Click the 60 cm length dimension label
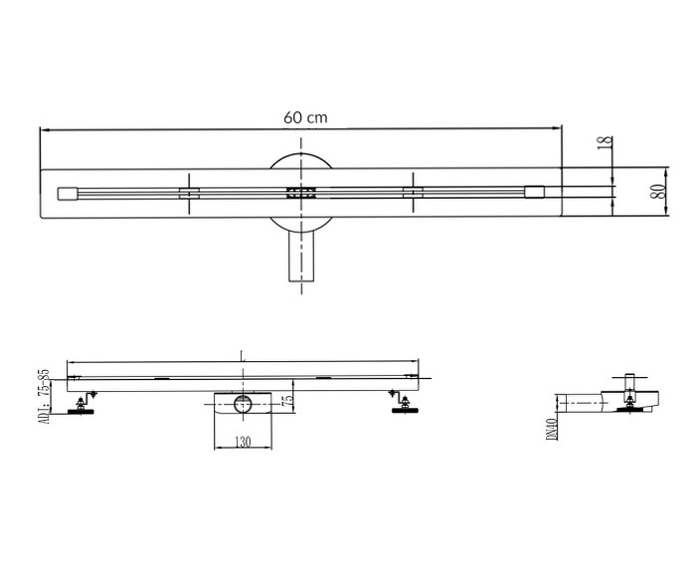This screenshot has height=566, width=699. click(305, 117)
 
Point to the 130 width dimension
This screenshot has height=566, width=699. click(243, 442)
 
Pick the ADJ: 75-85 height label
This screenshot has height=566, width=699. click(45, 397)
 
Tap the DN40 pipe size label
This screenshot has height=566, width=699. click(552, 429)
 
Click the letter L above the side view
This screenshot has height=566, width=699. click(242, 356)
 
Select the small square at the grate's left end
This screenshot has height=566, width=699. click(68, 194)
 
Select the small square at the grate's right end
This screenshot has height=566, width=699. click(534, 192)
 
